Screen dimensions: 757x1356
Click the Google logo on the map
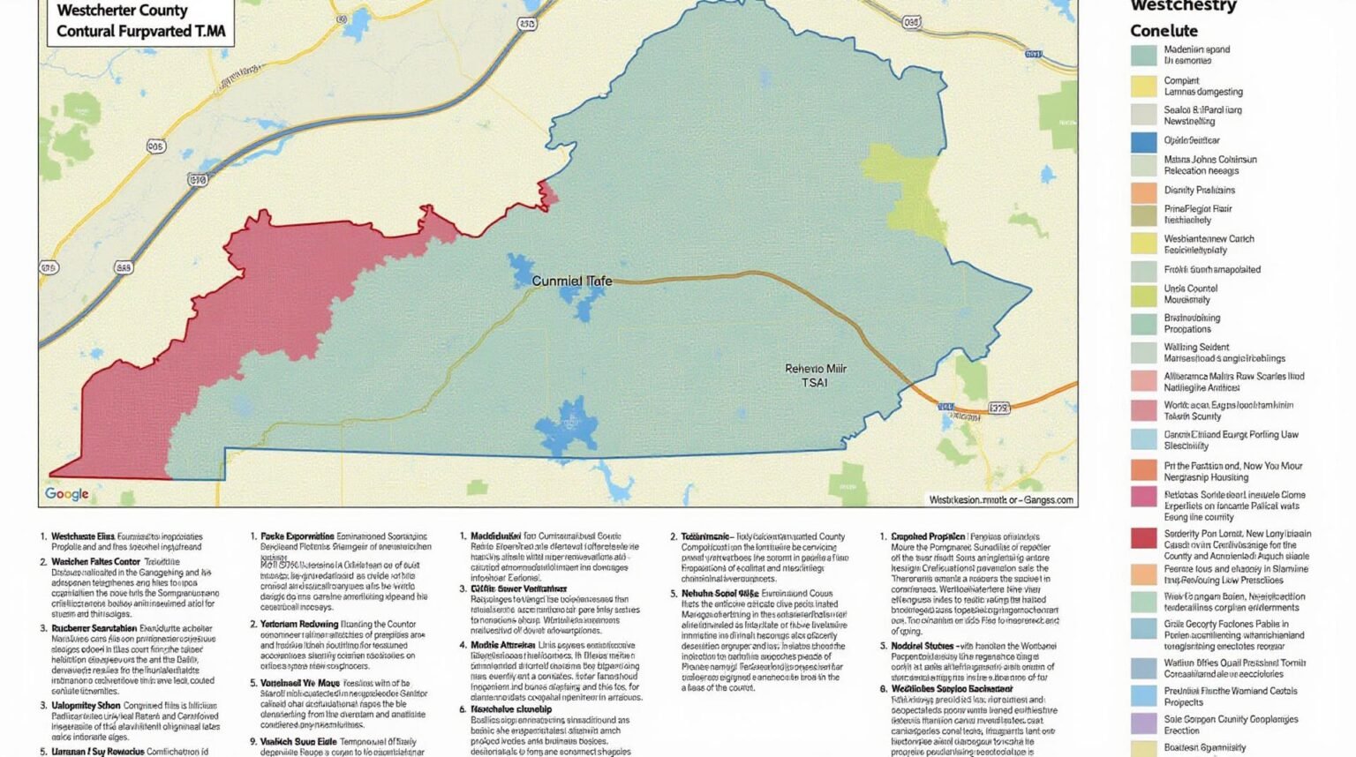click(x=67, y=494)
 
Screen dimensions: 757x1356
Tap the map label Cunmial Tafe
click(x=571, y=281)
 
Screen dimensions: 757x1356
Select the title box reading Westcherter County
click(x=140, y=21)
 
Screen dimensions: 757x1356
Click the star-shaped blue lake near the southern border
click(x=567, y=427)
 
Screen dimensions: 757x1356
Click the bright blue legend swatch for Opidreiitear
click(x=1143, y=141)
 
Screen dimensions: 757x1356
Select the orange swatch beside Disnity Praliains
click(x=1143, y=191)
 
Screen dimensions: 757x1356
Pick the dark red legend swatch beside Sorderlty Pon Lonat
click(x=1143, y=538)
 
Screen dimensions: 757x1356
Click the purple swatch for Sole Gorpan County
click(x=1143, y=724)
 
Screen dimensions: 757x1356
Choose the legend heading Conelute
click(x=1164, y=30)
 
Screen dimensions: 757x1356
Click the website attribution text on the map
click(x=1000, y=499)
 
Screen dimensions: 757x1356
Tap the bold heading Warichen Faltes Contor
click(x=95, y=561)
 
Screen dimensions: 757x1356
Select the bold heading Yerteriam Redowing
click(x=299, y=624)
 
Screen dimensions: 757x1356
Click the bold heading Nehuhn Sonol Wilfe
click(x=719, y=594)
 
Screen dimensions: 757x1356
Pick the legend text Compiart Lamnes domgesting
click(x=1202, y=86)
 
